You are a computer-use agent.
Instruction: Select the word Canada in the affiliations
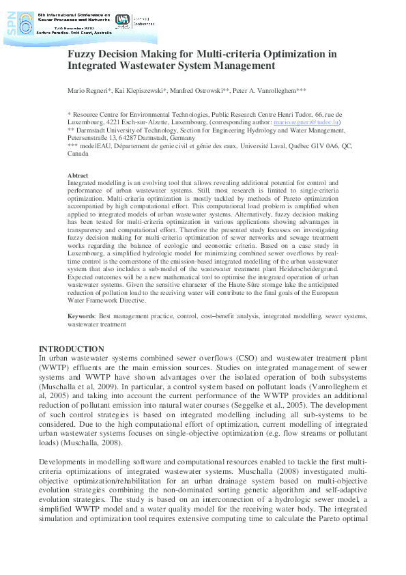(x=78, y=154)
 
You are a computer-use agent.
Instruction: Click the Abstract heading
(x=78, y=176)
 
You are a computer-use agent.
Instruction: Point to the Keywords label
(x=83, y=318)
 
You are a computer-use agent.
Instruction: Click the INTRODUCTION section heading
(x=71, y=349)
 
